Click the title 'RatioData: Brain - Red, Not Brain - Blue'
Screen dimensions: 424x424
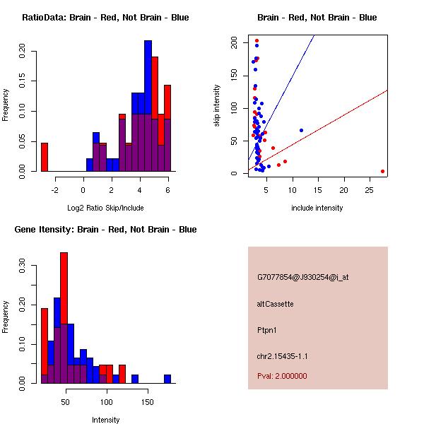point(105,18)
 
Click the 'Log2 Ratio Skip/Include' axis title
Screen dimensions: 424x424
point(105,208)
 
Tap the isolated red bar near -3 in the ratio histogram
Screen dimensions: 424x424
point(45,157)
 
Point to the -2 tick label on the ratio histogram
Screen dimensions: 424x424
point(55,190)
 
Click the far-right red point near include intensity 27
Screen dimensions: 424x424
point(382,172)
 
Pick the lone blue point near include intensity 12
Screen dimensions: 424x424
point(302,131)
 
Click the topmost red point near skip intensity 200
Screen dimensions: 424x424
point(257,41)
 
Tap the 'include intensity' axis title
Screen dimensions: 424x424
point(317,208)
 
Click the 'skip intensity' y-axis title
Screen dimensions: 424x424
point(217,105)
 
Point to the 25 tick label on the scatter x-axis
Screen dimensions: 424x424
point(370,190)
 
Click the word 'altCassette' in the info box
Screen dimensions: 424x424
point(276,304)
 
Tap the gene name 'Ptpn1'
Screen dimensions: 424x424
point(267,330)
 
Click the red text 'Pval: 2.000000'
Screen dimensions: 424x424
point(282,376)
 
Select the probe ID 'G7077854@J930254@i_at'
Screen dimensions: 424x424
point(303,278)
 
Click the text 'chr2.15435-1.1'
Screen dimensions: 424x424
point(282,356)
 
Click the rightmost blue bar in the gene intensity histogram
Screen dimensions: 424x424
point(167,379)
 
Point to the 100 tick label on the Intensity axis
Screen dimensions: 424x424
point(106,402)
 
